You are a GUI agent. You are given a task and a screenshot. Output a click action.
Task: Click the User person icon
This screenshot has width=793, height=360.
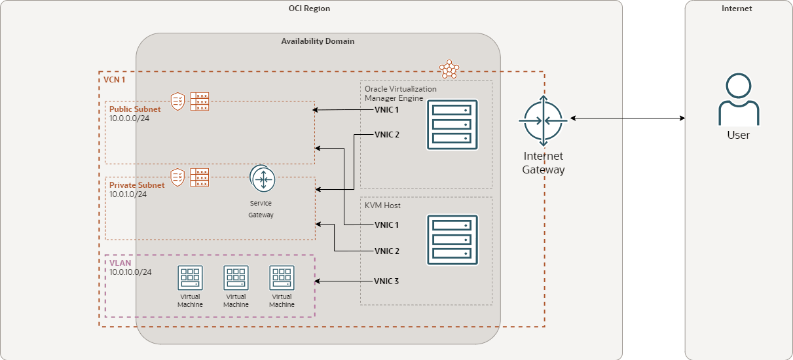[x=739, y=99]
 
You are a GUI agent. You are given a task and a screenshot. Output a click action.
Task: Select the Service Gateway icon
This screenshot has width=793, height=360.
[x=262, y=179]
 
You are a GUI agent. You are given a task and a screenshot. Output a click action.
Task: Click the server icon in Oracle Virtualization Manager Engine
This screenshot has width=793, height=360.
[x=452, y=124]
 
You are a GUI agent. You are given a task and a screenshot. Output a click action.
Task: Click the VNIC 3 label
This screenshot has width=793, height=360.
[x=386, y=281]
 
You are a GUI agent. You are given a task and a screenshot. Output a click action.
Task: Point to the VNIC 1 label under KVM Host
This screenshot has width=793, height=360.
[x=386, y=225]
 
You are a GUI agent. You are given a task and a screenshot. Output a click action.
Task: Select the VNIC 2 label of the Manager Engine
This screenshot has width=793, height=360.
[x=386, y=135]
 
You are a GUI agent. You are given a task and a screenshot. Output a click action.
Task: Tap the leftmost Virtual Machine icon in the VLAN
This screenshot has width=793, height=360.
[x=190, y=278]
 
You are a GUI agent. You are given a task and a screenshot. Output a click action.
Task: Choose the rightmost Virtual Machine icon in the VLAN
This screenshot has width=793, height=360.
[x=282, y=278]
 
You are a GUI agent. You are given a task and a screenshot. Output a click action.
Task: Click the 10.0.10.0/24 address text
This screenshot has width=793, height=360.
[x=131, y=272]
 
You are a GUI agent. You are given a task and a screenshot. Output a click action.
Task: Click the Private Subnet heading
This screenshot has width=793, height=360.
[x=137, y=185]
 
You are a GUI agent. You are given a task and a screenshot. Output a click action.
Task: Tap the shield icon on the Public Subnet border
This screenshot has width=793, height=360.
[x=177, y=101]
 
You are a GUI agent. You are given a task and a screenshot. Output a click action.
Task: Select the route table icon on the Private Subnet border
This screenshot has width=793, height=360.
[x=200, y=177]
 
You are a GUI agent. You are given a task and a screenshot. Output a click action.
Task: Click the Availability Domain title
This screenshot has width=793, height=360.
[x=318, y=41]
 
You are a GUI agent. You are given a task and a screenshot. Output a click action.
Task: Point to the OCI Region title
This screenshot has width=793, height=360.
[x=309, y=9]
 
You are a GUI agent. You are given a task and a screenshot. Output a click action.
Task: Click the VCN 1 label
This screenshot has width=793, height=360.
[x=115, y=79]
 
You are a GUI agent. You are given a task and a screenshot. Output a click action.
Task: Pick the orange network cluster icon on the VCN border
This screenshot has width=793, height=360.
[x=449, y=69]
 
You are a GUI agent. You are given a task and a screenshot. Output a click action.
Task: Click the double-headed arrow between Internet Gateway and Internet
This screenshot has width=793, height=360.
[x=627, y=118]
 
